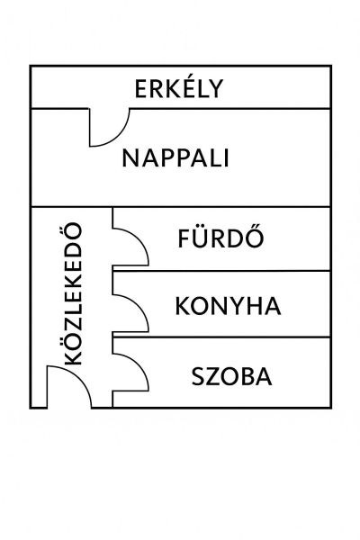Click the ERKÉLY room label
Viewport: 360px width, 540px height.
point(179,88)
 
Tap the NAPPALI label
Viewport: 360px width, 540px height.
point(175,158)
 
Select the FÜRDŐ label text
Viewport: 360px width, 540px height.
point(220,237)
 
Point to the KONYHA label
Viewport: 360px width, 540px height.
point(228,305)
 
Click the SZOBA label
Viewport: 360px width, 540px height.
point(232,376)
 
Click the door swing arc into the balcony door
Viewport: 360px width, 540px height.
point(118,135)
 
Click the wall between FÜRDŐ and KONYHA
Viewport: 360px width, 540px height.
point(221,271)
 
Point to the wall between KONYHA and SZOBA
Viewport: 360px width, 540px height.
point(221,337)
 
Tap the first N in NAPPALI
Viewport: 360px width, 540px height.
point(130,158)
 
